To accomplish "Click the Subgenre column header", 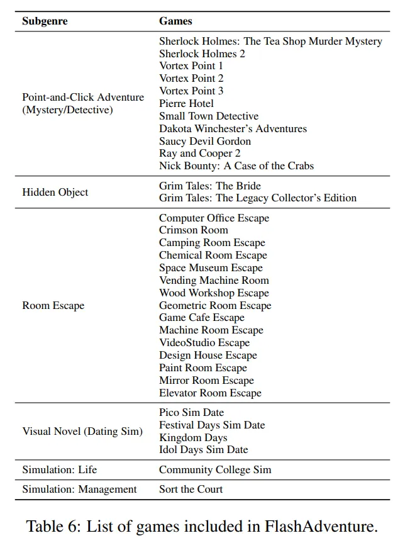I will coord(45,21).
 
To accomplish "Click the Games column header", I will coord(175,21).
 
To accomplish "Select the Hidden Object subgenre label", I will coord(55,192).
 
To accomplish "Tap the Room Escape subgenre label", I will coord(53,305).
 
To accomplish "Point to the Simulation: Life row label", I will coord(60,469).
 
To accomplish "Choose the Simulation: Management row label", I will coord(79,489).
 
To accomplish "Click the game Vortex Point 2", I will coord(191,78).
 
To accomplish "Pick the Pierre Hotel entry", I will coord(186,103).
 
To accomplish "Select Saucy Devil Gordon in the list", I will coord(205,141).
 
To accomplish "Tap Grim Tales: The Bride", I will coord(209,186).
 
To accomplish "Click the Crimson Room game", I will coord(194,230).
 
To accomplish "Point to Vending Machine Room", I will coord(214,280).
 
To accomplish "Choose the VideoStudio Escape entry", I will coord(204,342).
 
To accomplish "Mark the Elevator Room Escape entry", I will coord(210,393).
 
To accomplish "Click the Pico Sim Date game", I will coord(191,412).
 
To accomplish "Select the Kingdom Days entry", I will coord(193,437).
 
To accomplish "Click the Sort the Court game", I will coord(191,489).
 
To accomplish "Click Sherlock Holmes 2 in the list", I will coord(202,53).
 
